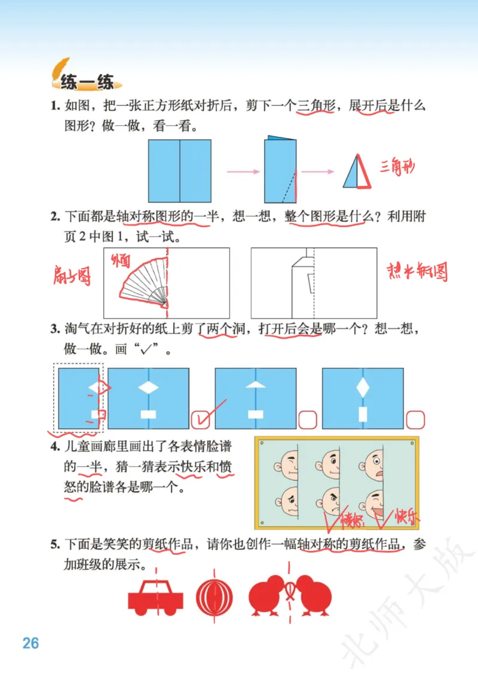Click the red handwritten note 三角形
397,167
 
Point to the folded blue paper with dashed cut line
280,171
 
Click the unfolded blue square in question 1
180,171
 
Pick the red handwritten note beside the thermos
417,272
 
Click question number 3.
54,329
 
